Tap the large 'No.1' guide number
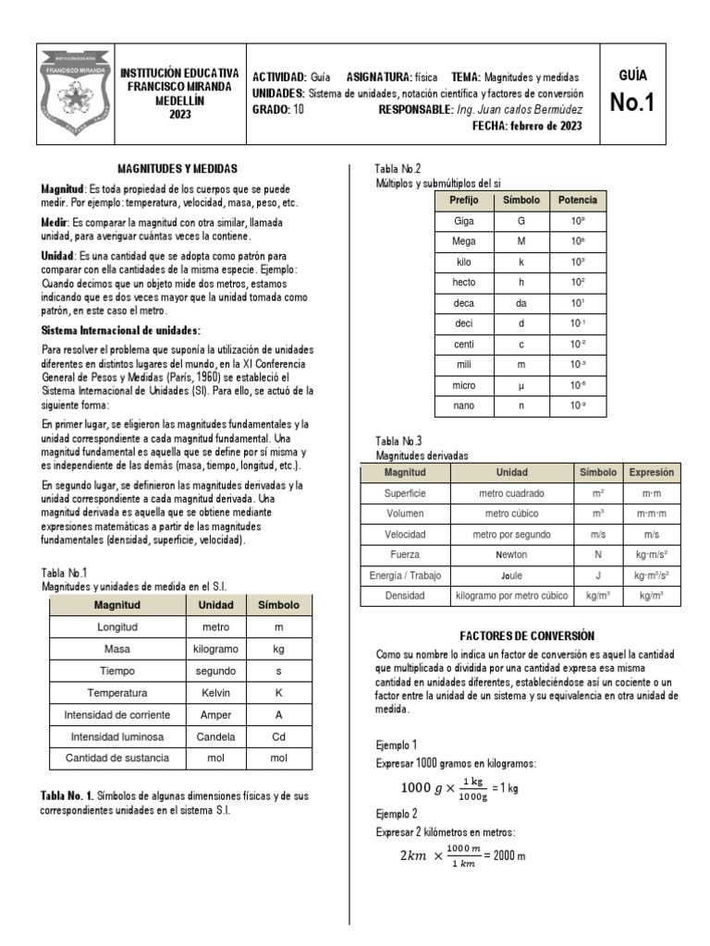[x=632, y=103]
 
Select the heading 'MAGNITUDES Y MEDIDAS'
[x=177, y=169]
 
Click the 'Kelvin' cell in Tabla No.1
[x=215, y=692]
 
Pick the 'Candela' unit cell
[x=215, y=736]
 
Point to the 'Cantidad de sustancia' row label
[x=117, y=758]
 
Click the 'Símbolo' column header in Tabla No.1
[x=278, y=605]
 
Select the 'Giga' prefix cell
[x=464, y=222]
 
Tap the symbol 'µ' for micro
[x=521, y=384]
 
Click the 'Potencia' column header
[x=578, y=200]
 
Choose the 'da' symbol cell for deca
[x=521, y=303]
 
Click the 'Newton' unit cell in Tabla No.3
[x=511, y=555]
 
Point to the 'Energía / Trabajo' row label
[x=406, y=576]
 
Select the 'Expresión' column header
[x=652, y=472]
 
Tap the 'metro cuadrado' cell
[x=511, y=493]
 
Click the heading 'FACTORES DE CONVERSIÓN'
[x=526, y=636]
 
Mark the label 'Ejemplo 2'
[x=397, y=814]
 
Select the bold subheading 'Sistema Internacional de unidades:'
[x=121, y=331]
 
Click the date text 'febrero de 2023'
[x=546, y=127]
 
